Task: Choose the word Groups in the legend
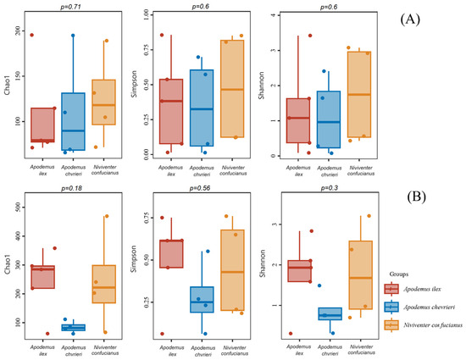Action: [x=401, y=274]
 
